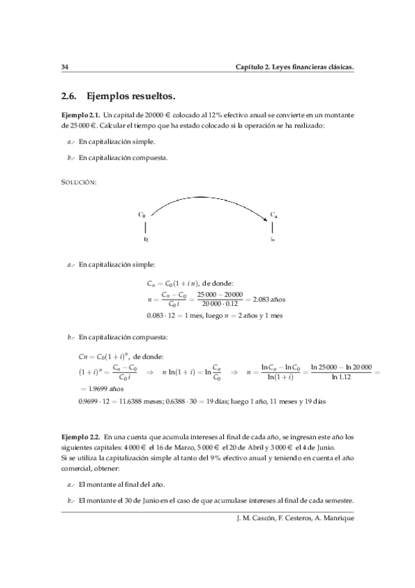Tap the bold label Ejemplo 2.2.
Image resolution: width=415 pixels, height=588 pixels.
click(x=80, y=437)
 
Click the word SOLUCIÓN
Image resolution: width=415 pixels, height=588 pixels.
click(x=79, y=182)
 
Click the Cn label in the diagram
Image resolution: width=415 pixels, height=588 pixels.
click(x=274, y=215)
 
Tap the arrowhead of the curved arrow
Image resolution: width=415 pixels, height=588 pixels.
click(x=266, y=220)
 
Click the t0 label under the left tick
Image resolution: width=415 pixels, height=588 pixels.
click(x=145, y=240)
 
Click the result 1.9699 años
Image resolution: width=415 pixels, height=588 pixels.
click(x=102, y=390)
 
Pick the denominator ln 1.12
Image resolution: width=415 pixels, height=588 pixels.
click(x=342, y=377)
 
